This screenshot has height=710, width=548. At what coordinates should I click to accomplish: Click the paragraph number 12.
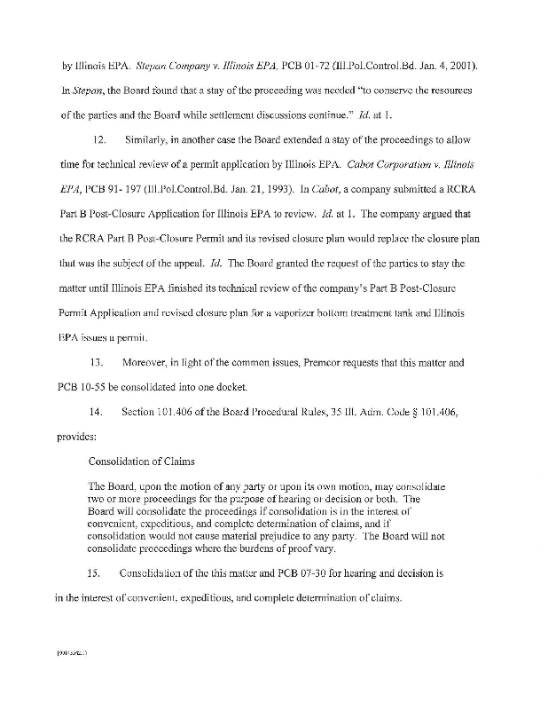click(x=100, y=139)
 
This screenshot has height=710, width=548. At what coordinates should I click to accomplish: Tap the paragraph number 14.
click(x=100, y=412)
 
